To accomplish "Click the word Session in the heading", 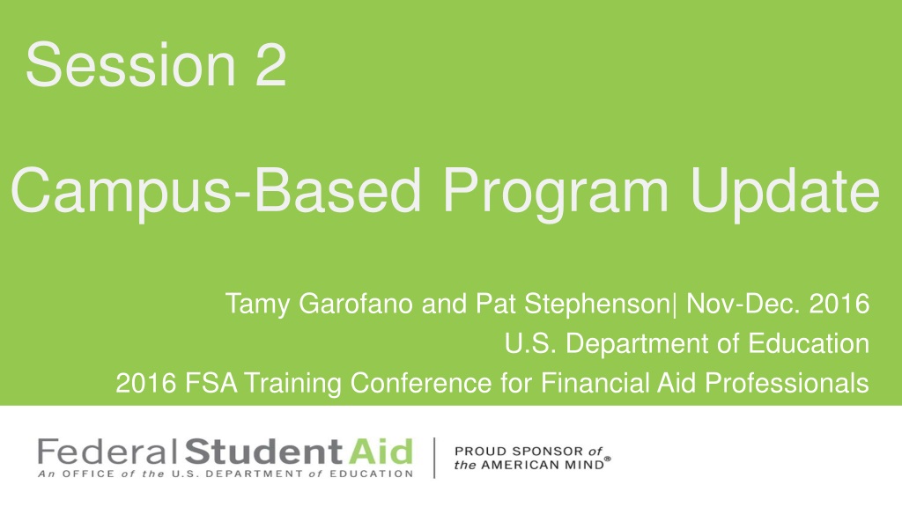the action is click(130, 64).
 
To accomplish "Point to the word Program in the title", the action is click(555, 192).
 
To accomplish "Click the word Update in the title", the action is click(785, 190).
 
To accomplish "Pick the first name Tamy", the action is click(257, 305).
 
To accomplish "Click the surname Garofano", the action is click(356, 303).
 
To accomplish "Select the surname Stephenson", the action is click(596, 305).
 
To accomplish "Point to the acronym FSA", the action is click(211, 383).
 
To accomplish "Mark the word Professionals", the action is click(787, 383).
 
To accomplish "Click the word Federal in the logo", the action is click(107, 452).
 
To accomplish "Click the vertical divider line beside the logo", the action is click(434, 458).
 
